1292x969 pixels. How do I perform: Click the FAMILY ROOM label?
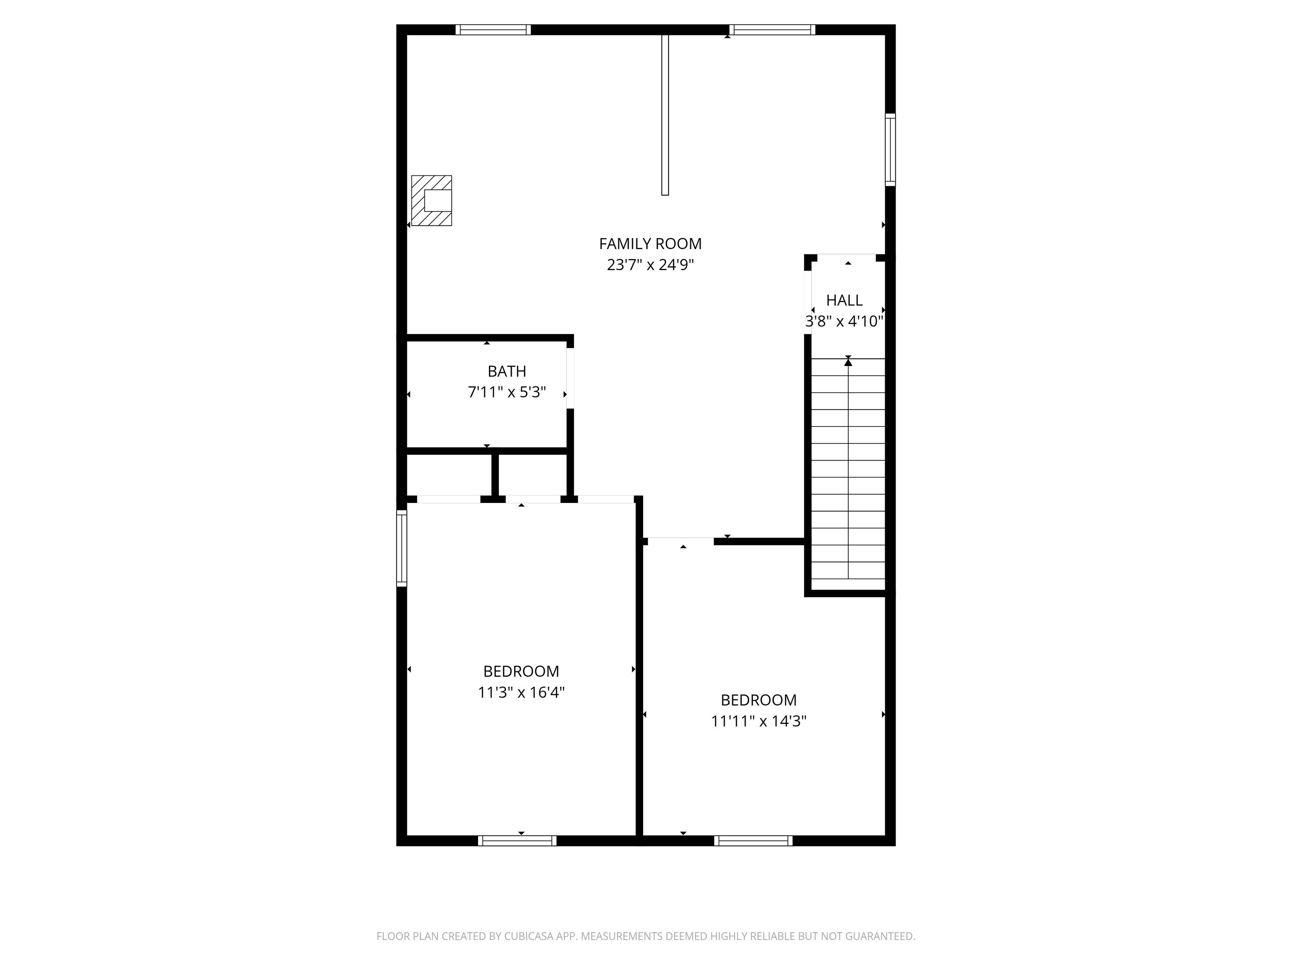pyautogui.click(x=650, y=244)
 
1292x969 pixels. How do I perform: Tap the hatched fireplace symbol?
pyautogui.click(x=432, y=200)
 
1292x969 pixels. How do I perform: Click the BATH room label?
pyautogui.click(x=506, y=371)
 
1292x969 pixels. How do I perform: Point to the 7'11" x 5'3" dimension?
pyautogui.click(x=506, y=392)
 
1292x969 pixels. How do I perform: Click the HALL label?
pyautogui.click(x=844, y=300)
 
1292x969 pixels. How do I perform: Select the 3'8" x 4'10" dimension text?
pyautogui.click(x=844, y=321)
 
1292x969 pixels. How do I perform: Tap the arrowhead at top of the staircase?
pyautogui.click(x=848, y=363)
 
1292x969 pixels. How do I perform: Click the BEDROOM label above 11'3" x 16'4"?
pyautogui.click(x=521, y=671)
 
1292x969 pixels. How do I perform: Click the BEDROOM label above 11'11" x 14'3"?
pyautogui.click(x=758, y=700)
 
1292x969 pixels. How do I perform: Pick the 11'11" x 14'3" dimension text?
pyautogui.click(x=758, y=721)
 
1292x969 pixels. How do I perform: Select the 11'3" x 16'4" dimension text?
pyautogui.click(x=521, y=693)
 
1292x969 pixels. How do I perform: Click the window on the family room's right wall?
pyautogui.click(x=890, y=150)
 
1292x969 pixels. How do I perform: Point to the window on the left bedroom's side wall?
pyautogui.click(x=402, y=548)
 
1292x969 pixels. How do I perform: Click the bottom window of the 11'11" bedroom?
pyautogui.click(x=753, y=841)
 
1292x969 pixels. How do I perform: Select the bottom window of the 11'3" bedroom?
pyautogui.click(x=517, y=841)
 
